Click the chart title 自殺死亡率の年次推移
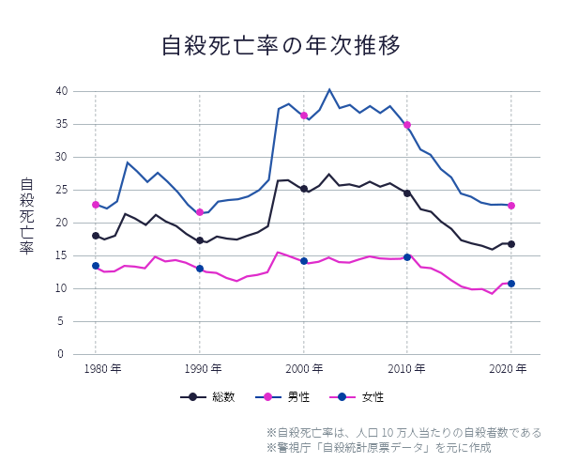tap(281, 45)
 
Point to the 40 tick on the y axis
tap(61, 91)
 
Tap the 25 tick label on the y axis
tap(61, 190)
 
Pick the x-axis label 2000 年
tap(304, 368)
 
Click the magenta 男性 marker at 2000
tap(304, 116)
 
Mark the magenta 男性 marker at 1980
tap(96, 205)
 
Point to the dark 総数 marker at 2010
tap(407, 193)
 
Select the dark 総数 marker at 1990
tap(200, 240)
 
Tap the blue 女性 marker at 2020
tap(511, 284)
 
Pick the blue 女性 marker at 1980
tap(96, 266)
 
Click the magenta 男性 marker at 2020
tap(511, 206)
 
